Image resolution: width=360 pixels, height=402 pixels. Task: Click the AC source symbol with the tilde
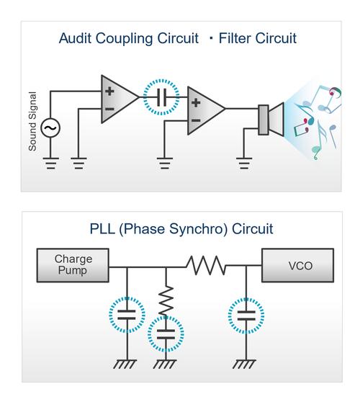51,128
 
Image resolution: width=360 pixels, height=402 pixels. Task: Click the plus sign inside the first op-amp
109,91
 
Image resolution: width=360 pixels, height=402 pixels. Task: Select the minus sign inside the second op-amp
195,118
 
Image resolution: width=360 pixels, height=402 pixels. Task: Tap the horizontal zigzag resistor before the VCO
206,266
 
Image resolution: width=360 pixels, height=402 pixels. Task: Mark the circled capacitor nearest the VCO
246,315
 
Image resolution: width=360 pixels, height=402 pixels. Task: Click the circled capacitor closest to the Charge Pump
127,315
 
